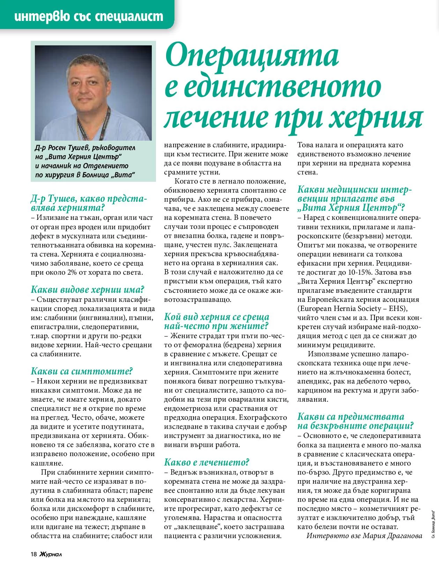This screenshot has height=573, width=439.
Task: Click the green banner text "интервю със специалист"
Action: pyautogui.click(x=89, y=16)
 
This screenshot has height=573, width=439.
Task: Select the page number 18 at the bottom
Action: pyautogui.click(x=34, y=554)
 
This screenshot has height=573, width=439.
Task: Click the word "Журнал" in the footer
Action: pyautogui.click(x=51, y=554)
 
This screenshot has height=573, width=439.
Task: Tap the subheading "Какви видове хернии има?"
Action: pyautogui.click(x=88, y=290)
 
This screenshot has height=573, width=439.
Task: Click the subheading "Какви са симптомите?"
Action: pyautogui.click(x=82, y=371)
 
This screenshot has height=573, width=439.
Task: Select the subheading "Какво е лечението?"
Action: pyautogui.click(x=207, y=462)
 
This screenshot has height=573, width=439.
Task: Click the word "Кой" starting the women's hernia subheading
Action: pyautogui.click(x=172, y=317)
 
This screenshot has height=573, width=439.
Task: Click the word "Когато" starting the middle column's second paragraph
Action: pyautogui.click(x=186, y=181)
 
